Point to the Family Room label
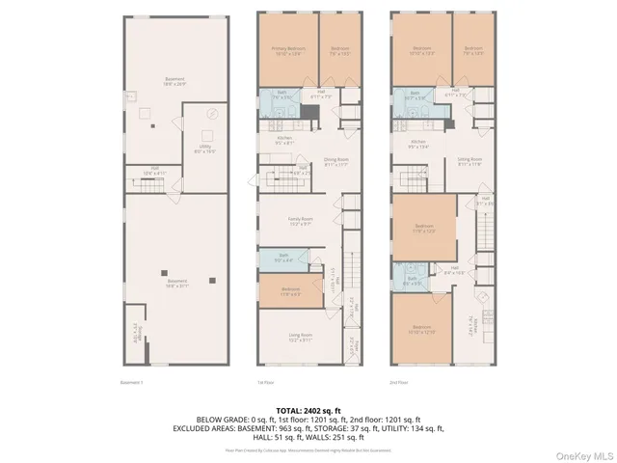(300, 221)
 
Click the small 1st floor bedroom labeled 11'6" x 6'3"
(290, 291)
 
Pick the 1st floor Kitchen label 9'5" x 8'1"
(284, 141)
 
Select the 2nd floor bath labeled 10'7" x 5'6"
(415, 97)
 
